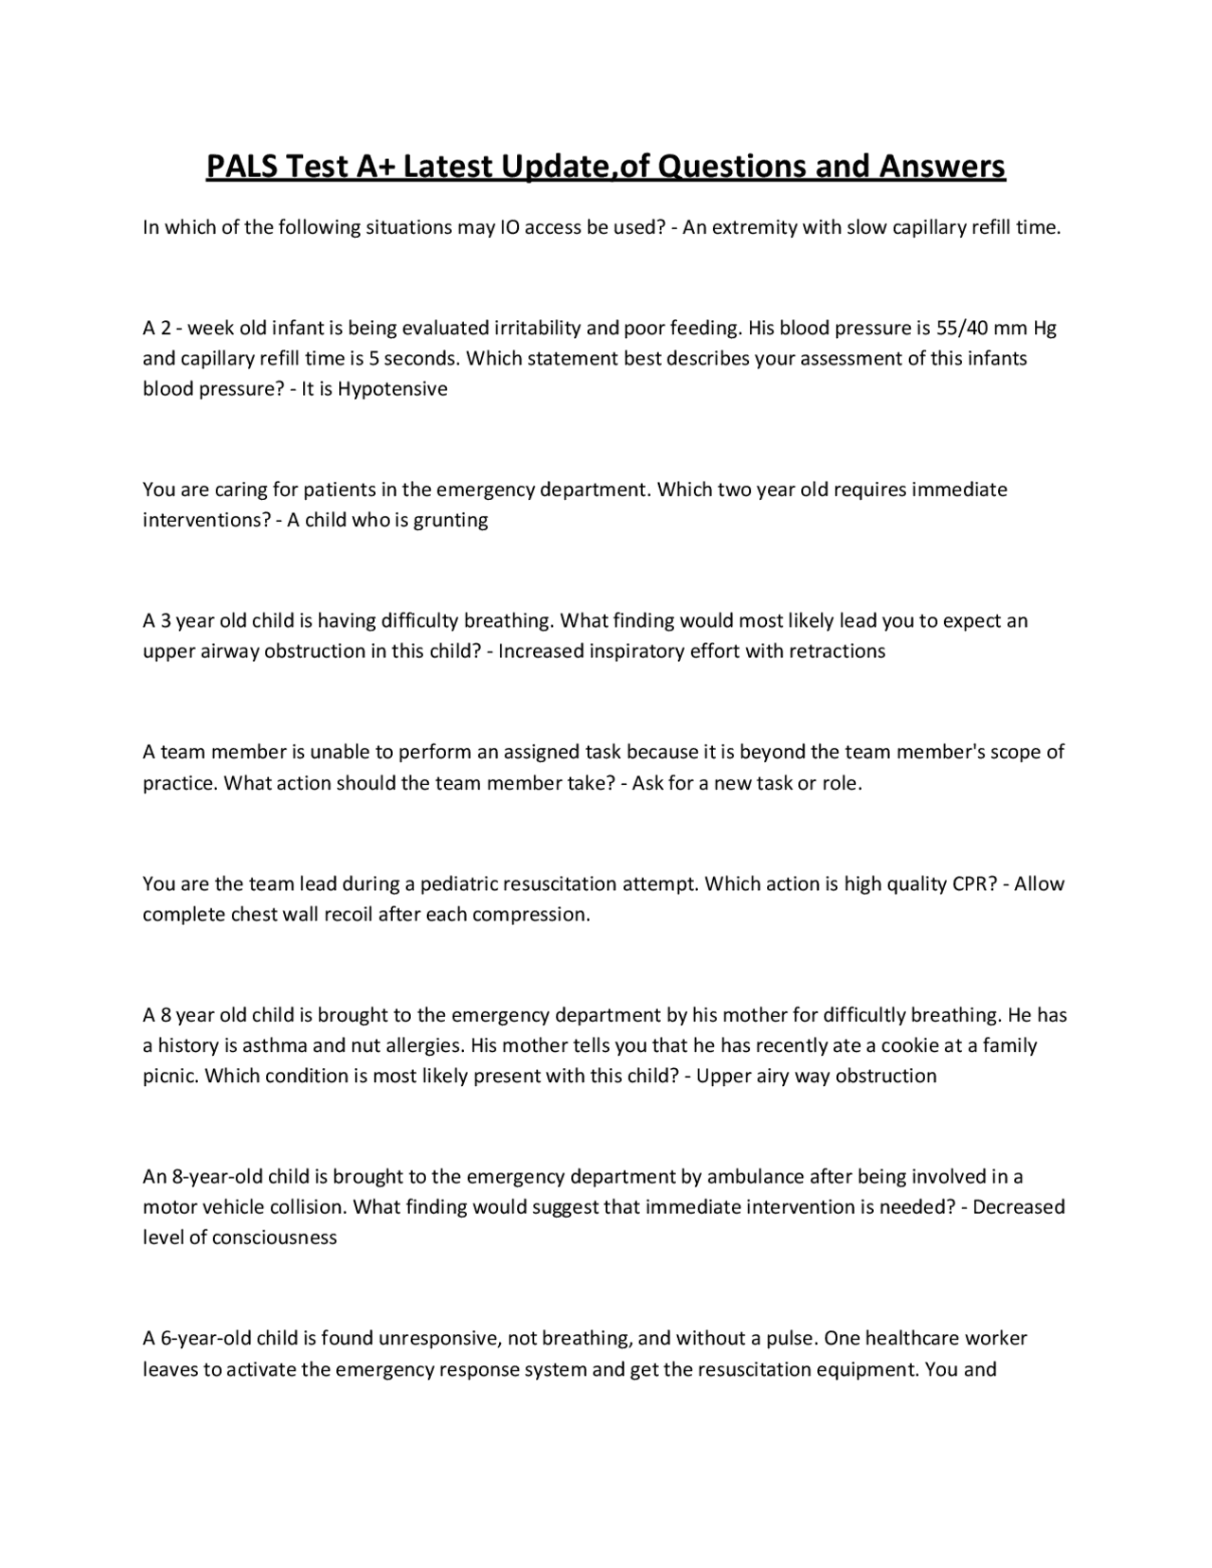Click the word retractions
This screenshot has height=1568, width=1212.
[x=838, y=651]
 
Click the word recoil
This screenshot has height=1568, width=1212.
[x=343, y=915]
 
